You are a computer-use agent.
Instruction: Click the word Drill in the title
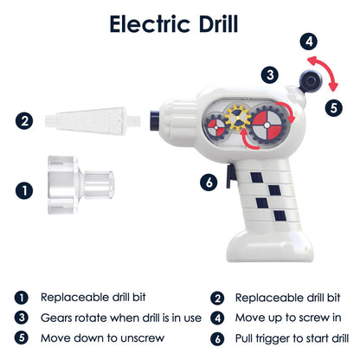[218, 24]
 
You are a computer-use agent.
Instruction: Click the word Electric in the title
[150, 24]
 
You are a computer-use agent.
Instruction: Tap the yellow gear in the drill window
[238, 118]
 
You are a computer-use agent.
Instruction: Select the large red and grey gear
[267, 125]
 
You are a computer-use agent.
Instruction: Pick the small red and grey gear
[216, 127]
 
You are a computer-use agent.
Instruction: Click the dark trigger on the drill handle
[231, 177]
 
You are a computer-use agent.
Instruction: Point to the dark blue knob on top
[311, 81]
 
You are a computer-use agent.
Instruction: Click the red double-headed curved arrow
[327, 69]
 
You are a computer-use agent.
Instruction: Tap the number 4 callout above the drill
[309, 42]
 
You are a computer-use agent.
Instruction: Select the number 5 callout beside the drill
[334, 108]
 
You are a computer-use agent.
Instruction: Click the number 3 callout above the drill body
[270, 75]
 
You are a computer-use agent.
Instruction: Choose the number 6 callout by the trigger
[209, 182]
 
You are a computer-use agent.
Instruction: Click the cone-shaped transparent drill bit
[93, 121]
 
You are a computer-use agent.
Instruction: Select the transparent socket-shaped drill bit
[80, 185]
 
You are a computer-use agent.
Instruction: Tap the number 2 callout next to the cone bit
[24, 120]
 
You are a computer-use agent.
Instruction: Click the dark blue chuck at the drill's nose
[155, 120]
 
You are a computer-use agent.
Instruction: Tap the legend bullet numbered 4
[217, 318]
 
